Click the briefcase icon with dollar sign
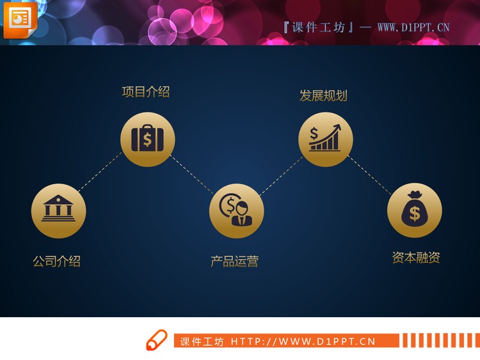click(147, 139)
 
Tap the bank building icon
click(58, 210)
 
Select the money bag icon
click(414, 210)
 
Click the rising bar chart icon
click(325, 139)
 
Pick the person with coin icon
click(236, 210)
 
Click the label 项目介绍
click(146, 91)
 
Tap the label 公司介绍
click(56, 261)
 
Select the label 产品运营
click(234, 261)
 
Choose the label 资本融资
click(416, 258)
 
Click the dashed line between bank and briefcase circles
click(99, 171)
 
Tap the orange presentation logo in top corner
click(20, 19)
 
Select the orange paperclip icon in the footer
click(156, 340)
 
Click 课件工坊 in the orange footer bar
click(202, 341)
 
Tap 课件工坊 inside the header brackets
click(318, 27)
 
